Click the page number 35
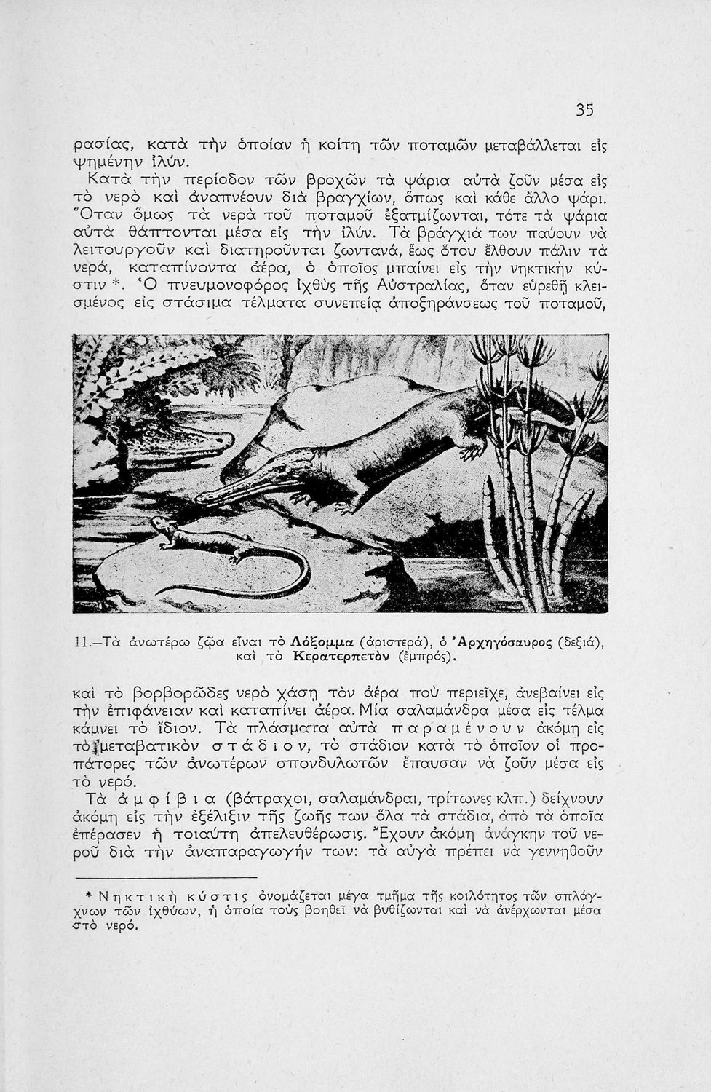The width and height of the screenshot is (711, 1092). pyautogui.click(x=585, y=110)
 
